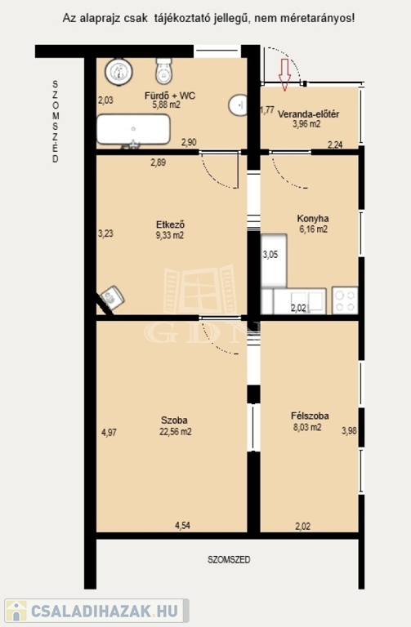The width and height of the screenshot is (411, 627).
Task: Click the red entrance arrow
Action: pos(284,75)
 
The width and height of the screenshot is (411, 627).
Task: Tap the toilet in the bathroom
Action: pos(164,71)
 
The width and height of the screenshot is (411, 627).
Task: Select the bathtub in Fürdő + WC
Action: pos(134,130)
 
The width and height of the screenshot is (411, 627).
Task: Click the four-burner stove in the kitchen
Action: pos(345,300)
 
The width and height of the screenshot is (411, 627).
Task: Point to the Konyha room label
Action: pos(313,219)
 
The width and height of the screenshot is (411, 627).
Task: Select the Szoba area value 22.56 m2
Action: pos(176,431)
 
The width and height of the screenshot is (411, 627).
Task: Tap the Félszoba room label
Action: pos(310,416)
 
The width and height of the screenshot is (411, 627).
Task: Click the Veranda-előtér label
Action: pos(308,114)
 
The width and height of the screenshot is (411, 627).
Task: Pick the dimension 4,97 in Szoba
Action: pos(109,432)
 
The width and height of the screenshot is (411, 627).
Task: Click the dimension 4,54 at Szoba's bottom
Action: pos(182,526)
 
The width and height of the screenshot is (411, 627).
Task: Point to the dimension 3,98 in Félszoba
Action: pos(349,431)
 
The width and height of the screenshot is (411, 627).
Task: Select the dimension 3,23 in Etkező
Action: pos(105,233)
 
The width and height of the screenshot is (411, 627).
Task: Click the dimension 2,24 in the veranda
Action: pos(335,145)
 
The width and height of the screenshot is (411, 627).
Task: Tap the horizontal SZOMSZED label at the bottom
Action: pos(229,560)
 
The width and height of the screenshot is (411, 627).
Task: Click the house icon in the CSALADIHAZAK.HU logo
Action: pos(16,611)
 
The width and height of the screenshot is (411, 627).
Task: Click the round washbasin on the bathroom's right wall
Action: pos(237,105)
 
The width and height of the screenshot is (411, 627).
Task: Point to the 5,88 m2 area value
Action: pos(166,105)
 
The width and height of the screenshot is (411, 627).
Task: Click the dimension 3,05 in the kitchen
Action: pos(270,255)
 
